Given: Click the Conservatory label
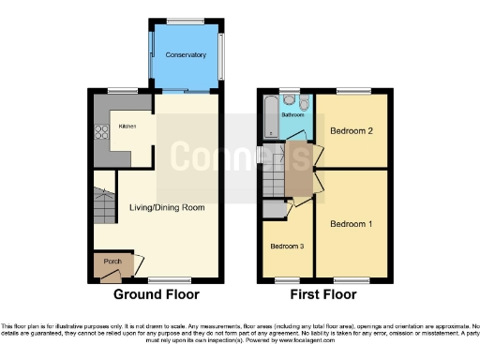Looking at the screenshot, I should (186, 55).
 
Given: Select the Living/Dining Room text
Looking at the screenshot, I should (166, 207).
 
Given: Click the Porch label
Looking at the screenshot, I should (112, 260).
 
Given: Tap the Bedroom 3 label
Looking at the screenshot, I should (287, 247).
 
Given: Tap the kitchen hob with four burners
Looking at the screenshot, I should (101, 131).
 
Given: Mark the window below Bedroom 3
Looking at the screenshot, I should (287, 278).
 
